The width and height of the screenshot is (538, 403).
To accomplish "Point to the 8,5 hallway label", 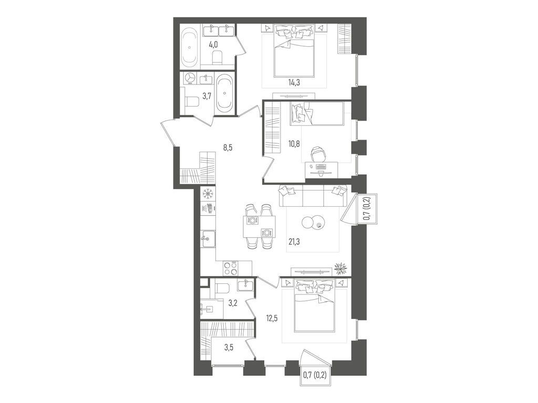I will pos(227,147).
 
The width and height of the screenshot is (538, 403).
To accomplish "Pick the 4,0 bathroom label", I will pos(214,45).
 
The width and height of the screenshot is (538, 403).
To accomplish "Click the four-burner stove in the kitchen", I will pos(230,268).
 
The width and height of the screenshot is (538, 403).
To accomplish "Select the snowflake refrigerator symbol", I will pos(208,194).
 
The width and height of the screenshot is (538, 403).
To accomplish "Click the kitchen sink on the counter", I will pos(207,239).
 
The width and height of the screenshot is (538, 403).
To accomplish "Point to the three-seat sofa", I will pos(313,196).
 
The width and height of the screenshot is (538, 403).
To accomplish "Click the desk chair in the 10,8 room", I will pos(318,155).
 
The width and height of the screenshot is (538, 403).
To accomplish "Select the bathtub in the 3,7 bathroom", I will pos(225,93).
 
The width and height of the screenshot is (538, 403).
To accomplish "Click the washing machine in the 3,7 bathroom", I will pos(190,78).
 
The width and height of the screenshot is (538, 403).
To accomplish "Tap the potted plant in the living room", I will pos(341,269).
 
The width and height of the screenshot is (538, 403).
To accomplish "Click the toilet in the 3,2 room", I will pos(221,287).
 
